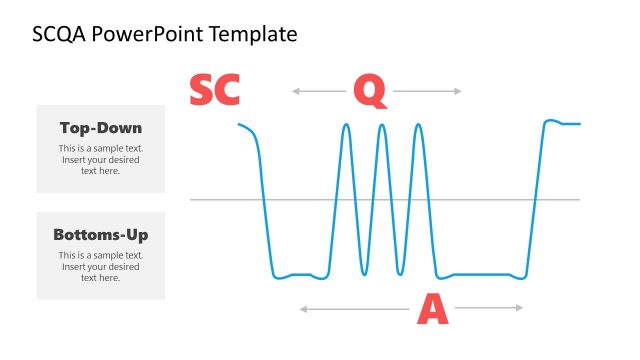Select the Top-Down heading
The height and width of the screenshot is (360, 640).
(x=100, y=128)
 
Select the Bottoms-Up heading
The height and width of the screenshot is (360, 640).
(x=100, y=235)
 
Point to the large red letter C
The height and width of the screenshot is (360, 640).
(x=227, y=91)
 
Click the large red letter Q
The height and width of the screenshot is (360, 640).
(x=369, y=91)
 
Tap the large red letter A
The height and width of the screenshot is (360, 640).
(x=432, y=310)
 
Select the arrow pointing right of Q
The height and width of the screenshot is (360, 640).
(x=428, y=91)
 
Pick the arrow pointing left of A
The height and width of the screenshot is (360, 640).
(x=355, y=310)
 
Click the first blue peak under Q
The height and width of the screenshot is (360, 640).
(x=346, y=125)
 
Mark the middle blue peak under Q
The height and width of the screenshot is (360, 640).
(x=381, y=125)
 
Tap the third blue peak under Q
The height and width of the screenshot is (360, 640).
(x=418, y=125)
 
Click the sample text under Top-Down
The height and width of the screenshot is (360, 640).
(x=100, y=160)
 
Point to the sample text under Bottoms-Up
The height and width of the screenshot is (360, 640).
(x=100, y=267)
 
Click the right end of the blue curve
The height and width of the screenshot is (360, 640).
(x=578, y=124)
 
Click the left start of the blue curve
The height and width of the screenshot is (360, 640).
(x=240, y=124)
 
